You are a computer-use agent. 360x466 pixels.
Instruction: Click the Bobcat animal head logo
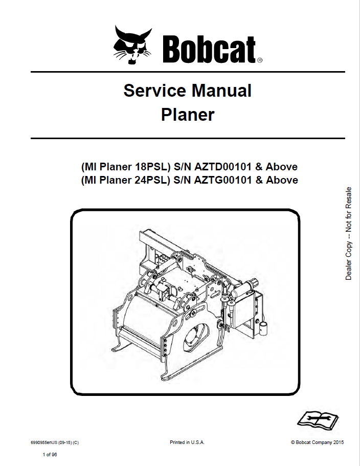coord(132,45)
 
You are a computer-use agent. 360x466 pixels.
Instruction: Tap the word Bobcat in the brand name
coord(209,49)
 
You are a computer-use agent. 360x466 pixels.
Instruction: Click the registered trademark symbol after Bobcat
coord(259,60)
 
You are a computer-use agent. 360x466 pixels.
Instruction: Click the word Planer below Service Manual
coord(188,115)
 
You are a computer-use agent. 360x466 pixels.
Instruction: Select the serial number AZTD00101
coord(223,167)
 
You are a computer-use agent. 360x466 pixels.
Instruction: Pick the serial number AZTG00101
coord(223,180)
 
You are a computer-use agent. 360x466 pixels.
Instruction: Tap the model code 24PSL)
coord(152,181)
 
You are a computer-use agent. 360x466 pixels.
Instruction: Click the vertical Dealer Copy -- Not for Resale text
coord(348,233)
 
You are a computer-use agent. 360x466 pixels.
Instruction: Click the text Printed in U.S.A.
coord(187,442)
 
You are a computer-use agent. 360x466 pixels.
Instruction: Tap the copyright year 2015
coord(339,442)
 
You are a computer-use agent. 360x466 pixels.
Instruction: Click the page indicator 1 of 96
coord(50,454)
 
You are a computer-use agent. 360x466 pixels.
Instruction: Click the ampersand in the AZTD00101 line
coord(259,167)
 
